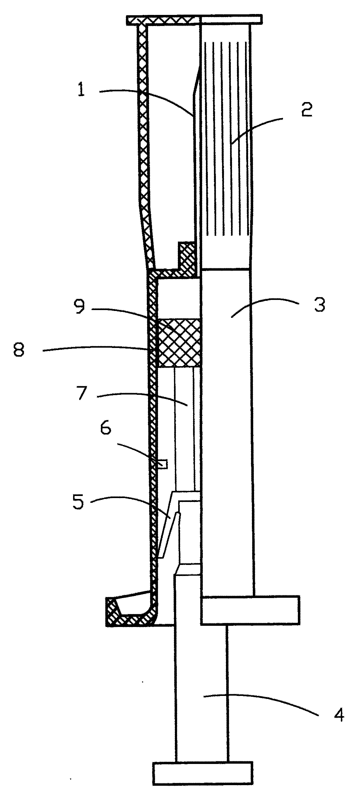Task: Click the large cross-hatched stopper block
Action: click(179, 343)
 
